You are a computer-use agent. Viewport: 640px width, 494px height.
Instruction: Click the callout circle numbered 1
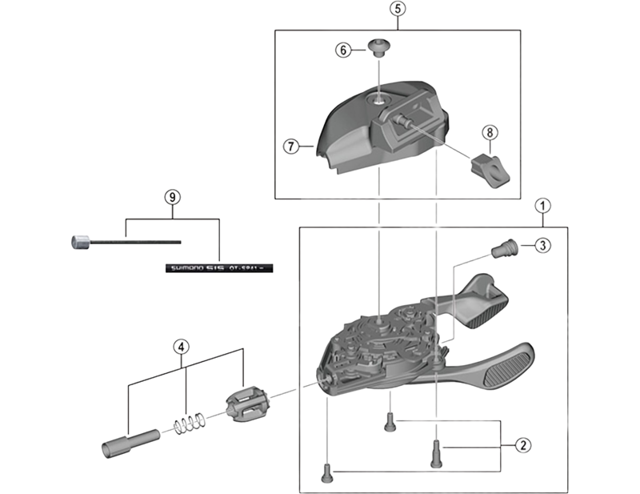pos(543,205)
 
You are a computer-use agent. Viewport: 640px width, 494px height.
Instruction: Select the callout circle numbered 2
pos(522,444)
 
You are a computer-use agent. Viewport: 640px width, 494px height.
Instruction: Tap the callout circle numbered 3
pos(542,245)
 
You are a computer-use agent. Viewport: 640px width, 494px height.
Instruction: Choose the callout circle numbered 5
pos(398,10)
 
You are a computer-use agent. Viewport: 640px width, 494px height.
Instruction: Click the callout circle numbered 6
pos(342,50)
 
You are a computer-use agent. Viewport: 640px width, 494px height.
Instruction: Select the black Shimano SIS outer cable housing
pos(217,269)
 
